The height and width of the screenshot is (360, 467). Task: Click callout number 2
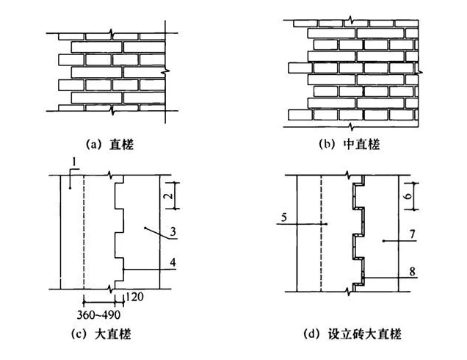pos(167,196)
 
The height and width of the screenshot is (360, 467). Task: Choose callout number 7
pos(413,233)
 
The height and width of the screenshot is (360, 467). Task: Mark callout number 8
pos(413,271)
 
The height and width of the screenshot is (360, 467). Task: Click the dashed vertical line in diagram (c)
pos(84,231)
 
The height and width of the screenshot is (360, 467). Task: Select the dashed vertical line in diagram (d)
pos(321,231)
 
